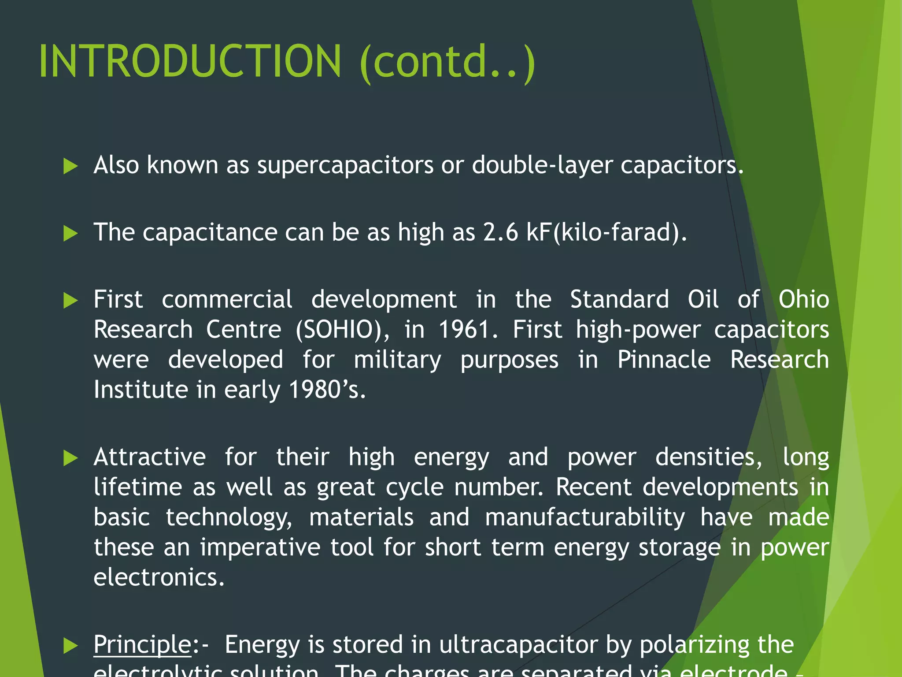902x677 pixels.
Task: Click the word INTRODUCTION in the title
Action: pyautogui.click(x=190, y=61)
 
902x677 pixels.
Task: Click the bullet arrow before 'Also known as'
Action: pyautogui.click(x=70, y=166)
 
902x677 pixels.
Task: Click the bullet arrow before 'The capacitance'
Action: pyautogui.click(x=70, y=233)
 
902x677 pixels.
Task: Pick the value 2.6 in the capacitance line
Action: pyautogui.click(x=500, y=232)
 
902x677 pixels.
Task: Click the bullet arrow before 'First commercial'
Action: pyautogui.click(x=70, y=301)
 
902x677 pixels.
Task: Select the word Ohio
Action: pyautogui.click(x=803, y=300)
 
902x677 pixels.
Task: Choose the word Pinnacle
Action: pyautogui.click(x=664, y=360)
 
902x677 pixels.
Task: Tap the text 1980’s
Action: pyautogui.click(x=327, y=390)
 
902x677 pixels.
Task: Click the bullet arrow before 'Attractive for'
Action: pyautogui.click(x=70, y=458)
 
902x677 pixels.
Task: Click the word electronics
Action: pyautogui.click(x=159, y=577)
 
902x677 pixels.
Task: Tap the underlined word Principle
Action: pyautogui.click(x=142, y=645)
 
